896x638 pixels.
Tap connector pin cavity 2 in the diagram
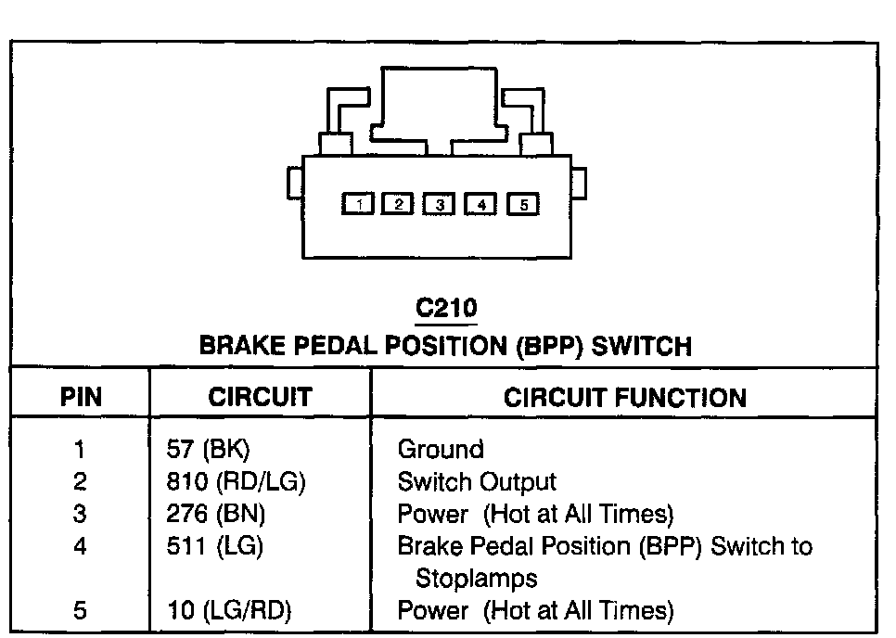coord(398,205)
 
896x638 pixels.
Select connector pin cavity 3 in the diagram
coord(440,205)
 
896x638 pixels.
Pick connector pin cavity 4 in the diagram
coord(480,205)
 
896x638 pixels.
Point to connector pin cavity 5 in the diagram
coord(523,205)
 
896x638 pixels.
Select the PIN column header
coord(81,398)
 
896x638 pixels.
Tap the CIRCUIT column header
coord(260,398)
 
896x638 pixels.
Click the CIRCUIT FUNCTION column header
coord(624,398)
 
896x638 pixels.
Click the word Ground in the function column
coord(441,450)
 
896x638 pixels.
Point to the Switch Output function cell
coord(477,482)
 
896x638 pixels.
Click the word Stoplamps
coord(477,579)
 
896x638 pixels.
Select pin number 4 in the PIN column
coord(81,546)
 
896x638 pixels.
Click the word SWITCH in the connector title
coord(642,347)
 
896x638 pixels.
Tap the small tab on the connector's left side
coord(293,182)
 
